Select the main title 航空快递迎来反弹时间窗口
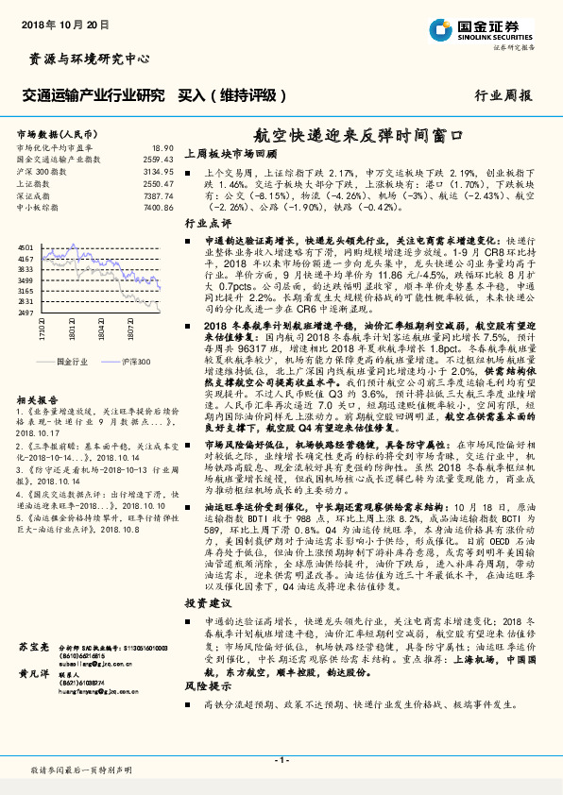click(x=362, y=135)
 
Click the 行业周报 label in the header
click(x=503, y=95)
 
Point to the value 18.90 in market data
click(x=163, y=148)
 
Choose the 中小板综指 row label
click(x=38, y=207)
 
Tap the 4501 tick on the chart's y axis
click(x=26, y=247)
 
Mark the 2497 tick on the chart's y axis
click(x=26, y=312)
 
